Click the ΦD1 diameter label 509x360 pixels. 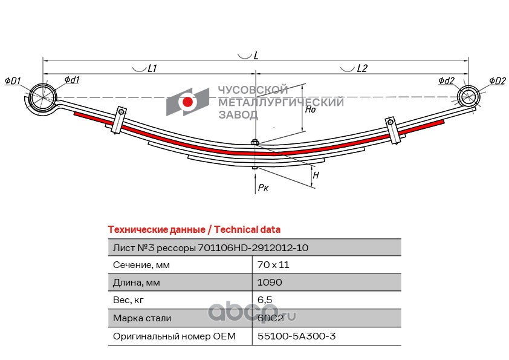click(x=13, y=81)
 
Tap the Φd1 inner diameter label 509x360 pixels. click(x=72, y=80)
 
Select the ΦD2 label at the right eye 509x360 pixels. click(x=498, y=81)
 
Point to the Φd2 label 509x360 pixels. click(x=446, y=80)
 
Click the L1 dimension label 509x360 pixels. click(x=152, y=68)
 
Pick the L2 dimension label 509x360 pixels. click(x=362, y=68)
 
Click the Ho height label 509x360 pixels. click(x=310, y=110)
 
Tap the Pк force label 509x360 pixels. click(x=263, y=188)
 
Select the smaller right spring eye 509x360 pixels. click(x=468, y=96)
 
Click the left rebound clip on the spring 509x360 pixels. click(x=118, y=120)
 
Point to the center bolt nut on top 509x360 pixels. click(x=255, y=142)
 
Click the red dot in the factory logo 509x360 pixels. click(x=187, y=102)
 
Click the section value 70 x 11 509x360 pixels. click(x=273, y=265)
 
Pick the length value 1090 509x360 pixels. click(x=270, y=283)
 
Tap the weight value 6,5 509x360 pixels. click(x=265, y=300)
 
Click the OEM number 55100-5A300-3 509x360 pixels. click(x=296, y=336)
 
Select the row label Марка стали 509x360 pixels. click(x=142, y=318)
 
